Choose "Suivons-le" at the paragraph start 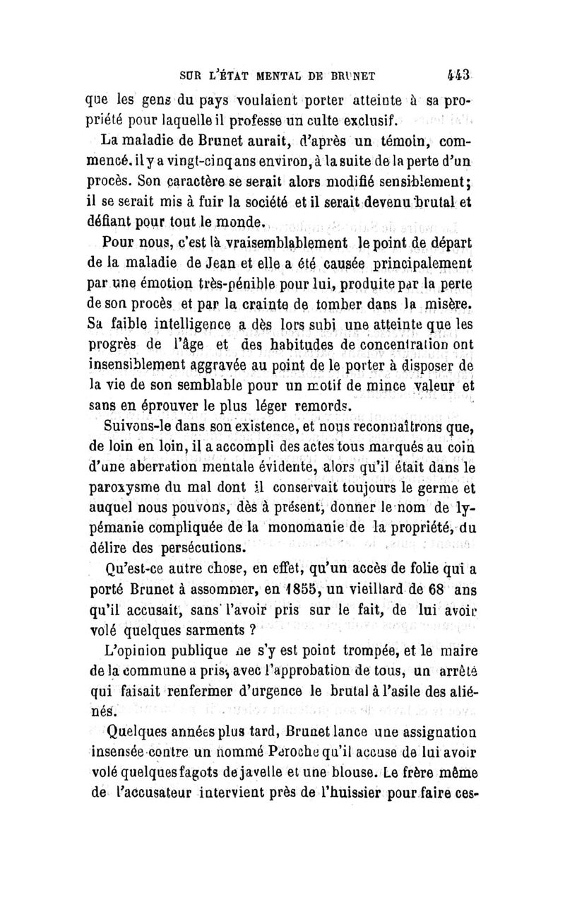[x=138, y=428]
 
